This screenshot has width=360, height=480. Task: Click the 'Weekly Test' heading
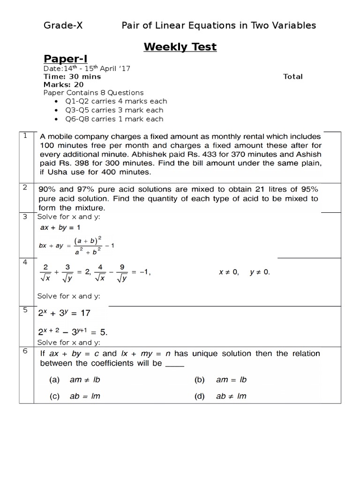point(180,47)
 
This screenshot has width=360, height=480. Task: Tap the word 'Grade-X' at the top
point(63,25)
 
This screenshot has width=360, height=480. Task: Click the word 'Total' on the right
point(293,76)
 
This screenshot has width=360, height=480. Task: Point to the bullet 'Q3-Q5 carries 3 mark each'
point(114,110)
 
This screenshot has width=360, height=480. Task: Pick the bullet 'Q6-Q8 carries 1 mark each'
point(114,119)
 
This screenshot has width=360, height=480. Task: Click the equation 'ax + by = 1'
point(60,227)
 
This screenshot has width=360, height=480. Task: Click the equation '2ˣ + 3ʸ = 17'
point(64,312)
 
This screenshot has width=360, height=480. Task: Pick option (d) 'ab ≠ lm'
point(231,396)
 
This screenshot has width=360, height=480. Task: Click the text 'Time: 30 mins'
point(72,76)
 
